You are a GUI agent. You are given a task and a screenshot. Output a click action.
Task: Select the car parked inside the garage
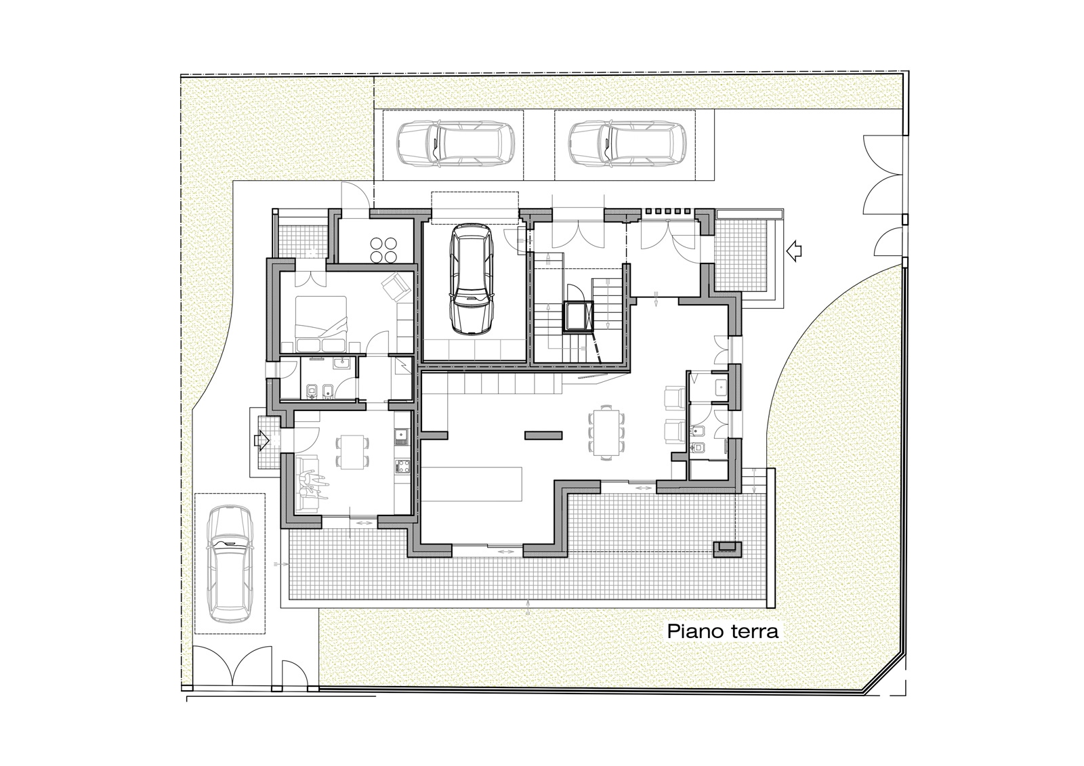(x=470, y=278)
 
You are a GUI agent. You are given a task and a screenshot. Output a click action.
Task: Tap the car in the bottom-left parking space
(x=230, y=563)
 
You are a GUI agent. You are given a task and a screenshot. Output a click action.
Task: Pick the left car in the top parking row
(x=455, y=144)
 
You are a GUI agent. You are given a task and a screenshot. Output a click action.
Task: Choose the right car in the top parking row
(x=627, y=144)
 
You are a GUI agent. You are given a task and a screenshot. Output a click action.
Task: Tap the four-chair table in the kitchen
(x=352, y=452)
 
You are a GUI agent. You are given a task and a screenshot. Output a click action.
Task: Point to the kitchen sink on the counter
(x=402, y=436)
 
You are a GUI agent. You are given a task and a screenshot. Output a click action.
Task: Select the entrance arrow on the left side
(x=261, y=440)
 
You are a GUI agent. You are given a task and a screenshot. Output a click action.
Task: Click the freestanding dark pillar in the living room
(x=543, y=435)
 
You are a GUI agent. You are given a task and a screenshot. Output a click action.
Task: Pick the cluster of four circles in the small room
(x=383, y=250)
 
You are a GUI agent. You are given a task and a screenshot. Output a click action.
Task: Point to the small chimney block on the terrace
(x=728, y=550)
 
